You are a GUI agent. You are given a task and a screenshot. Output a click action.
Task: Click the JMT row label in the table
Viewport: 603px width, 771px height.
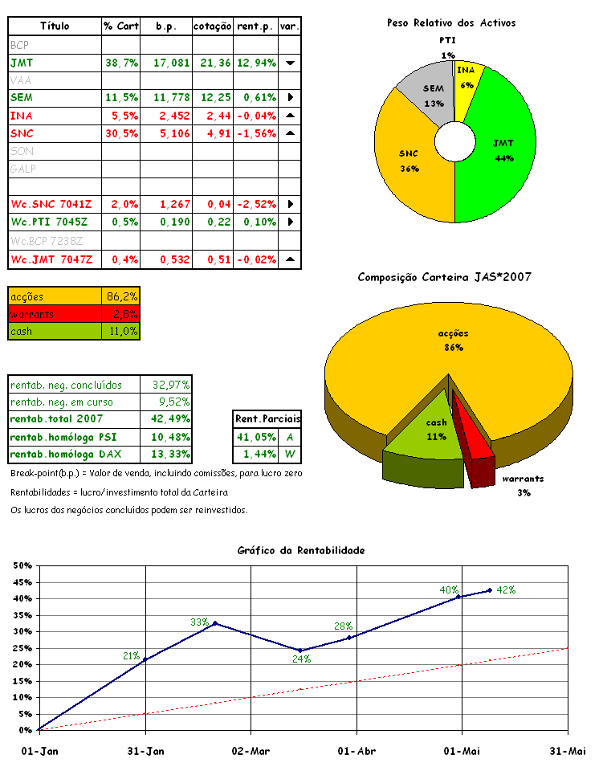pos(22,63)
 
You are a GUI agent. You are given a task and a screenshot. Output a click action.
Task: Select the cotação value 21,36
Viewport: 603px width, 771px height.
pos(213,63)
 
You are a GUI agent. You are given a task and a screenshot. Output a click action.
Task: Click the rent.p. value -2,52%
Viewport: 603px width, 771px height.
pos(256,204)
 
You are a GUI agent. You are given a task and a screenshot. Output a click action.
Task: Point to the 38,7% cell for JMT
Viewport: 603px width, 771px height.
pos(121,63)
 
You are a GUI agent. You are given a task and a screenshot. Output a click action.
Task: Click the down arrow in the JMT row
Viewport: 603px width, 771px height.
pos(290,63)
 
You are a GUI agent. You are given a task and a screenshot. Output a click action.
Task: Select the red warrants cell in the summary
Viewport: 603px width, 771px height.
pos(54,314)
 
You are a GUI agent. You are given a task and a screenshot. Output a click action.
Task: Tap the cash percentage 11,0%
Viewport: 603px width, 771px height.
pos(122,331)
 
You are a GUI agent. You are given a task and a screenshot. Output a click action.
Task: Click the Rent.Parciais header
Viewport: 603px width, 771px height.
pos(267,418)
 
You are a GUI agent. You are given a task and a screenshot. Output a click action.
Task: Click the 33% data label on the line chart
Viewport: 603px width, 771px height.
pos(199,622)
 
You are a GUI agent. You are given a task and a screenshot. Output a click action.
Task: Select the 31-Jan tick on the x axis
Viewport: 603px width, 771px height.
pos(145,751)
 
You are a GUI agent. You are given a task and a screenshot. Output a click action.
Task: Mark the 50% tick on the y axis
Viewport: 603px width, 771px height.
pos(20,565)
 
